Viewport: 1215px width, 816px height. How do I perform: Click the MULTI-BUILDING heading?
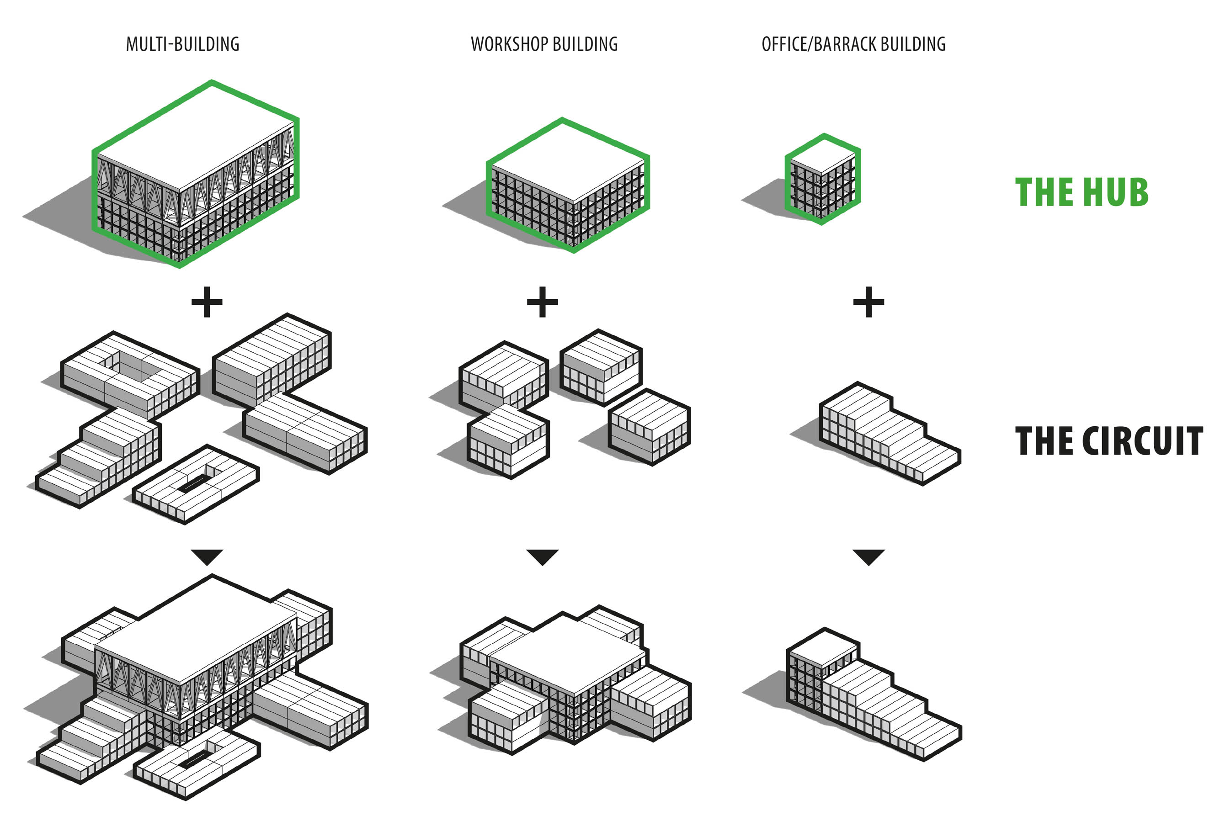pos(183,44)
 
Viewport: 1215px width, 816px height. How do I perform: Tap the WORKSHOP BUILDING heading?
pos(544,44)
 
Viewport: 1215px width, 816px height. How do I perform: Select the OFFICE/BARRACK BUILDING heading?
pos(853,44)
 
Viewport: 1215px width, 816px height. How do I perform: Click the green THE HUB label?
pos(1082,192)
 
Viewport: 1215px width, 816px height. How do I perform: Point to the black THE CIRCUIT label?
pos(1109,441)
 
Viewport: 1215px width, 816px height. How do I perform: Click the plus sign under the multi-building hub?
pos(207,302)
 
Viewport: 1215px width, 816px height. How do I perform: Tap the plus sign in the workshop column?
pos(542,302)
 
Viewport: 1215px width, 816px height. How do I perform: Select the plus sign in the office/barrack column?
pos(869,302)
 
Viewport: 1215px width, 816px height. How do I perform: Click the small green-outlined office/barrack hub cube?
pos(822,180)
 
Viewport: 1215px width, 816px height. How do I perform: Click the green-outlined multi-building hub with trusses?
pos(195,175)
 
